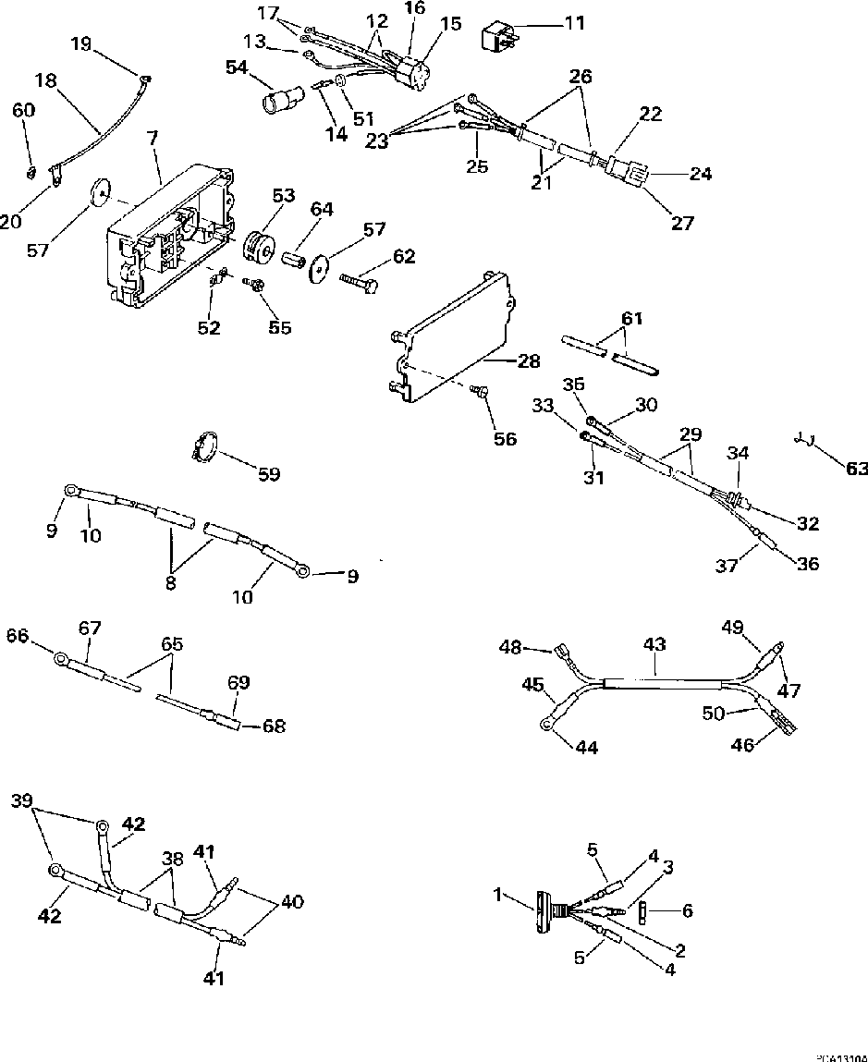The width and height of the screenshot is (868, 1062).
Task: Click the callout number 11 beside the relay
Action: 575,22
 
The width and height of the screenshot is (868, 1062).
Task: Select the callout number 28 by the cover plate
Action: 528,361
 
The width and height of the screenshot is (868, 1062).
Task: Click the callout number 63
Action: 857,470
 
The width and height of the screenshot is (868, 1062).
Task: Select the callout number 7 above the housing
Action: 152,139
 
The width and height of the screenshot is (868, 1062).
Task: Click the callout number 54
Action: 237,67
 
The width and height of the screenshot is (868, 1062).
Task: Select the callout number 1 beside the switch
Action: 500,895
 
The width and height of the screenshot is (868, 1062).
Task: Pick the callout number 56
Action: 504,440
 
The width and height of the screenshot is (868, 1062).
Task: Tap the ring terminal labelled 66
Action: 61,659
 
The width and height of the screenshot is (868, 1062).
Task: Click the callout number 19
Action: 81,43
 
